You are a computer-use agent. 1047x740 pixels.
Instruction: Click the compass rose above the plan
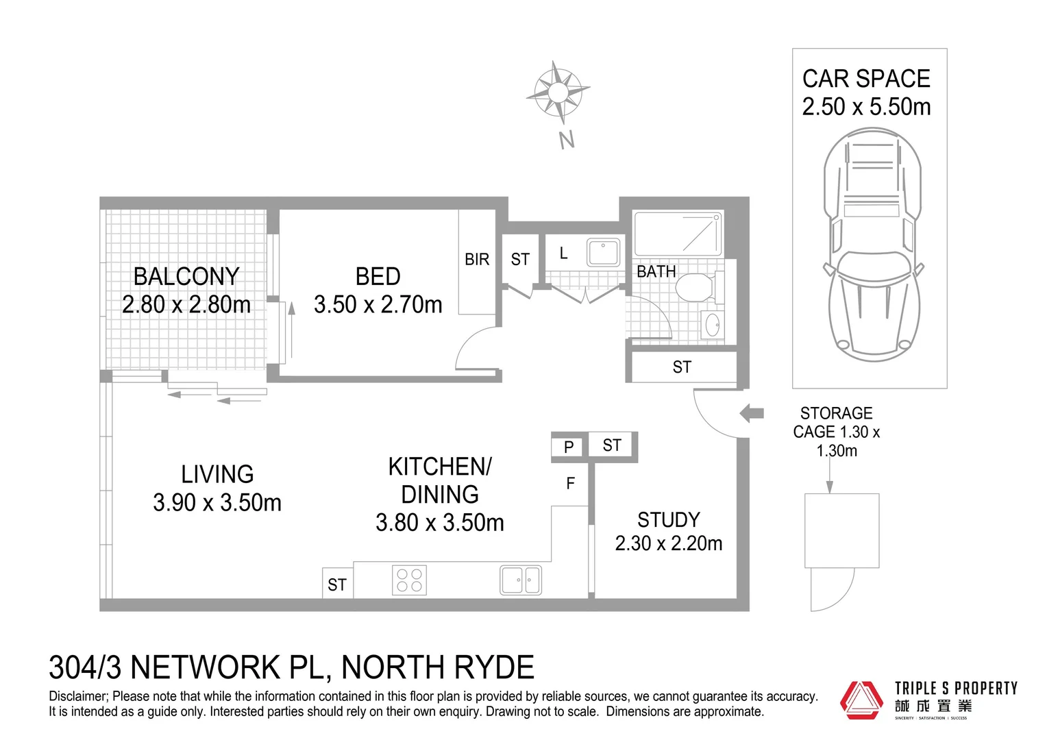point(558,92)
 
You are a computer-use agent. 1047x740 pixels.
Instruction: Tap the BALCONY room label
point(186,276)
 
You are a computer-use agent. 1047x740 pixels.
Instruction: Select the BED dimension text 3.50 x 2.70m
point(378,304)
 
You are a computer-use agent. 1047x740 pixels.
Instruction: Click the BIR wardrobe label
point(477,260)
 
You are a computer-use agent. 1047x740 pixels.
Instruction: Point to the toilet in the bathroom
point(697,288)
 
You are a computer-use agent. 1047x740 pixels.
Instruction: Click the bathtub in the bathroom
point(678,234)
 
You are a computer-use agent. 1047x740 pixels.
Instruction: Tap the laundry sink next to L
point(603,251)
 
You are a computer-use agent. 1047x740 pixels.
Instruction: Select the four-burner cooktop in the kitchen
point(409,580)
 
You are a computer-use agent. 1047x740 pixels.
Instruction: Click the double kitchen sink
point(521,580)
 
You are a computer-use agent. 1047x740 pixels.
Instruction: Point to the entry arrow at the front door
point(752,413)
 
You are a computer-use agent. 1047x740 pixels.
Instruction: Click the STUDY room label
point(668,519)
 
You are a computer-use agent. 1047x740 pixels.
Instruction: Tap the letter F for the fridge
point(570,484)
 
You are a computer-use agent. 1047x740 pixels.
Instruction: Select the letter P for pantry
point(568,447)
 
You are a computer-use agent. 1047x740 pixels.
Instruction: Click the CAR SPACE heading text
point(866,79)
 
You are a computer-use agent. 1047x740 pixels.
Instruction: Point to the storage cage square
point(841,530)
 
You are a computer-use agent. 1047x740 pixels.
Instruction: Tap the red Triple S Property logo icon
point(862,700)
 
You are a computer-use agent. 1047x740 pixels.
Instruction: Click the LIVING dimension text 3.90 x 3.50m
point(217,503)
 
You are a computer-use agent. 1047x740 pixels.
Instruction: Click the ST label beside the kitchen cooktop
point(337,584)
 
